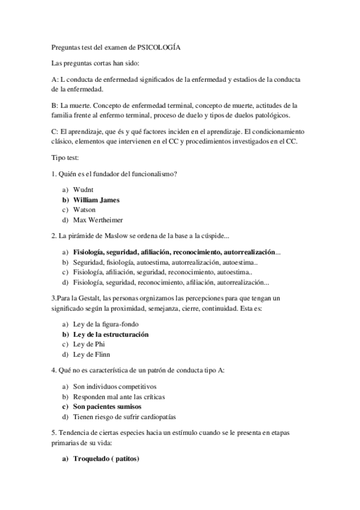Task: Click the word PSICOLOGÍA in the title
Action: pos(159,48)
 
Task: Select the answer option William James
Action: pos(96,200)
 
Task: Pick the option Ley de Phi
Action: pos(89,344)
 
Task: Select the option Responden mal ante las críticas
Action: pos(118,398)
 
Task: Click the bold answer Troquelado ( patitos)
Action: pos(106,460)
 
